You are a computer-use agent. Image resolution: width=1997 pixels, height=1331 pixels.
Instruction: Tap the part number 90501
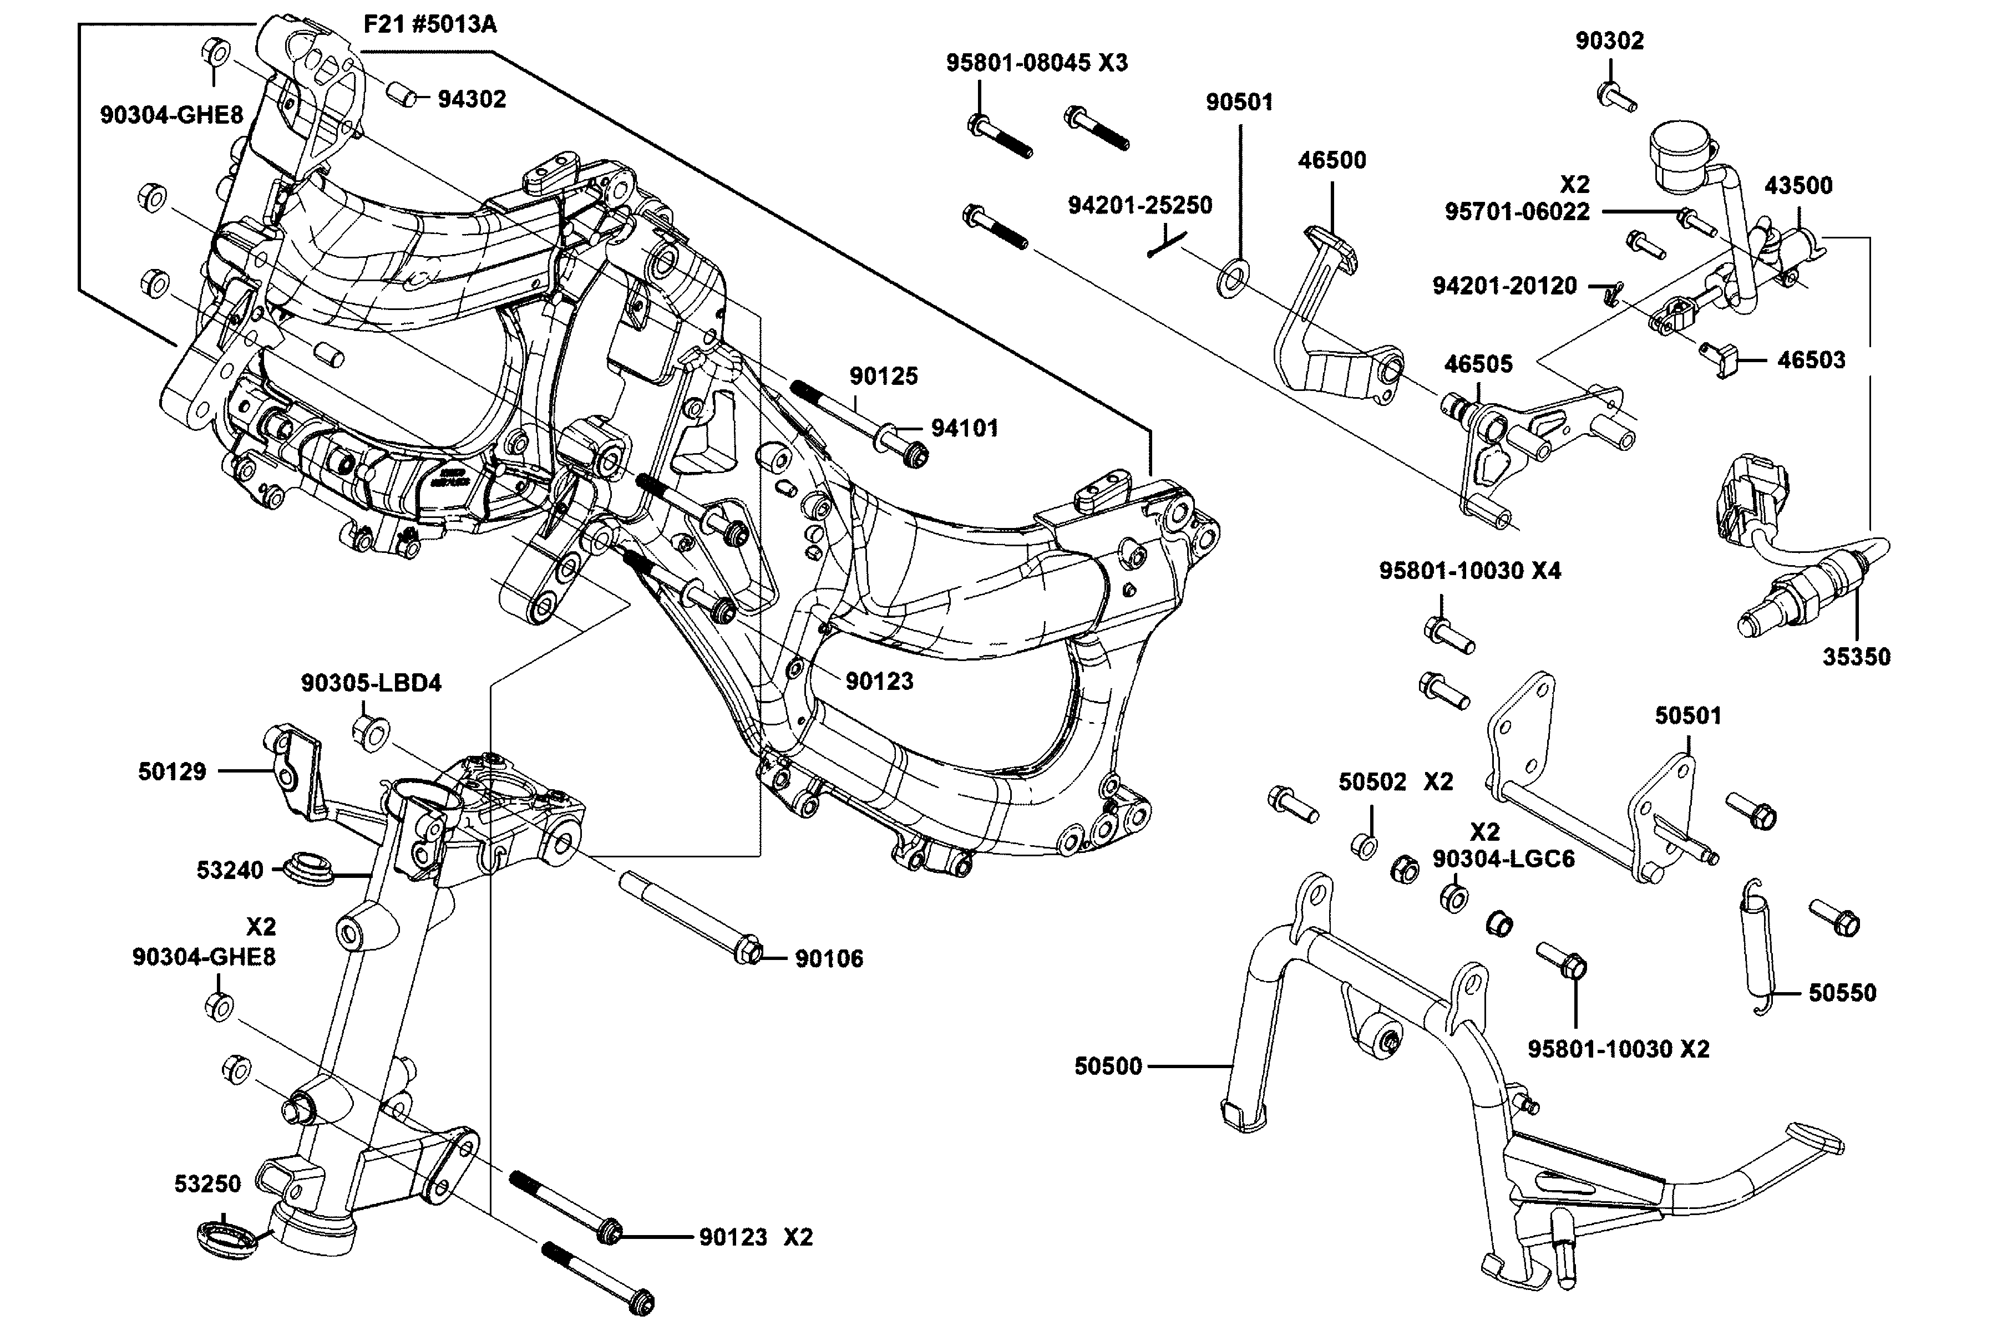1240,103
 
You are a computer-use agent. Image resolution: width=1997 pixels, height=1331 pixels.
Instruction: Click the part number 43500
1798,186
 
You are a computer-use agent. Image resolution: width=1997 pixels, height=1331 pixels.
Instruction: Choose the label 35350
1856,657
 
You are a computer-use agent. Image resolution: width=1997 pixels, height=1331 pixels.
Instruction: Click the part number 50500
1108,1066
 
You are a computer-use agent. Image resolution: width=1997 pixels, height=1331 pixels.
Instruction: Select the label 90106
829,959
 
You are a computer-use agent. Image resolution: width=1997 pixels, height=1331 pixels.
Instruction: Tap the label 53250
208,1184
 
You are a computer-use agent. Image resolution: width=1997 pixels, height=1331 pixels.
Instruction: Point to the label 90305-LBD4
371,683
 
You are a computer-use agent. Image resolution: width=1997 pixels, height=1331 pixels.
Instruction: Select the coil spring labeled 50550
1757,946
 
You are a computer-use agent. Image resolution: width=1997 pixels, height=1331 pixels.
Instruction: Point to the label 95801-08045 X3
1037,63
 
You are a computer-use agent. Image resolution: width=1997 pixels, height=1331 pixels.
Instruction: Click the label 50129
173,771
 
